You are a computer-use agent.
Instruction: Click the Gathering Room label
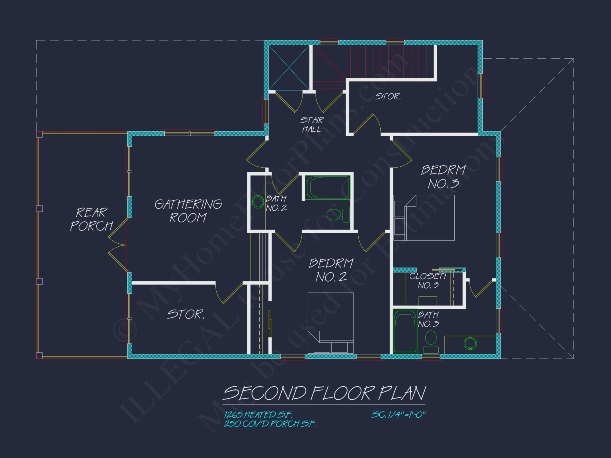click(x=188, y=211)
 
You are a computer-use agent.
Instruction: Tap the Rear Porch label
click(x=92, y=219)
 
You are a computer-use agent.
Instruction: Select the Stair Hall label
click(x=312, y=125)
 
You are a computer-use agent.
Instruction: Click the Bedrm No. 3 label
click(x=444, y=177)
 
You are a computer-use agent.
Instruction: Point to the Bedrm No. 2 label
click(x=331, y=270)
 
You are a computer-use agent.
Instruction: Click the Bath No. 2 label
click(x=276, y=203)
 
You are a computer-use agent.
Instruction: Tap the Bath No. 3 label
click(x=428, y=319)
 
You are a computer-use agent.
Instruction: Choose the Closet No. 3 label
click(x=428, y=281)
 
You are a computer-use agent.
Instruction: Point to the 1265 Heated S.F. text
click(x=258, y=414)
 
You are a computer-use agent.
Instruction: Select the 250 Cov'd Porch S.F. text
click(x=270, y=424)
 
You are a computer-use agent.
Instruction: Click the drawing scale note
click(x=398, y=415)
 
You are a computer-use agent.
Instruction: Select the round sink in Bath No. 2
click(x=258, y=202)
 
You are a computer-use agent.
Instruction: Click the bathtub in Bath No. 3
click(x=405, y=332)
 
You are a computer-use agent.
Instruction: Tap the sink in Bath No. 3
click(x=470, y=343)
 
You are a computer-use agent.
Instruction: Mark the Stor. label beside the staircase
click(x=388, y=96)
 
